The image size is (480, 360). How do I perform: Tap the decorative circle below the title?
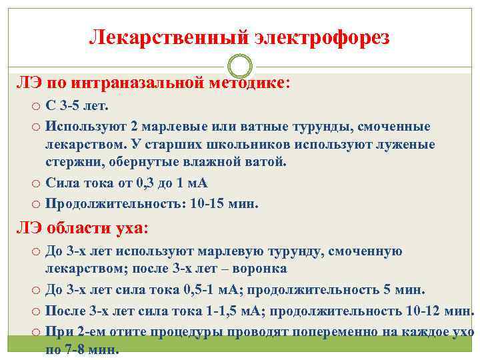239,66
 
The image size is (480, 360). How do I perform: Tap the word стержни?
71,161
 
